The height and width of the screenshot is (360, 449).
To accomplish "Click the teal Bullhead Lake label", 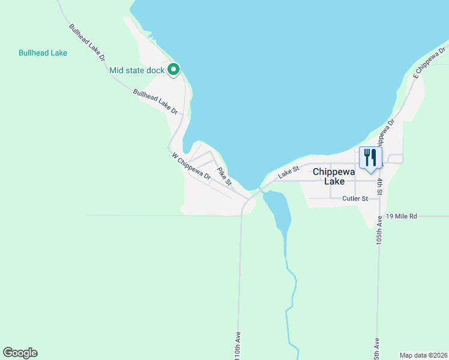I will [43, 53].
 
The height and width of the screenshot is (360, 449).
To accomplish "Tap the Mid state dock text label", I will [137, 71].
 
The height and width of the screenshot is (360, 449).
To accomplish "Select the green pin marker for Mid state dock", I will [173, 70].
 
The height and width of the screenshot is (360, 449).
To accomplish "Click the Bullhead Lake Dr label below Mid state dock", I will [156, 102].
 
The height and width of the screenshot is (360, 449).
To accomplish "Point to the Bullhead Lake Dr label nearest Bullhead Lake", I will [88, 43].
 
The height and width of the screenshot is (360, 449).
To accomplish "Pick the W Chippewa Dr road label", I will [191, 167].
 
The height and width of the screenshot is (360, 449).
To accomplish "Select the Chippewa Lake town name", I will [334, 176].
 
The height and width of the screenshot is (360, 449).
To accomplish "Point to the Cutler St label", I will [355, 199].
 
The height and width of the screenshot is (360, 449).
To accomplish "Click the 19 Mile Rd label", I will [402, 215].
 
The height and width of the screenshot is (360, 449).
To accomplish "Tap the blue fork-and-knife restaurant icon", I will [370, 158].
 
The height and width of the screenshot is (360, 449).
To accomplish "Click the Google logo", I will [20, 352].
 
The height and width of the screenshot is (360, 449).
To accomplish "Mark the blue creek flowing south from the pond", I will [290, 288].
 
